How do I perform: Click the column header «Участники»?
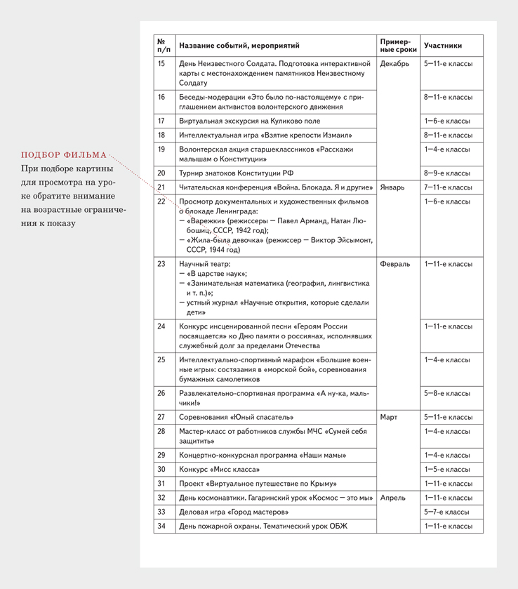[x=443, y=46]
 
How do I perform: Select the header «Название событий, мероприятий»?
[x=239, y=46]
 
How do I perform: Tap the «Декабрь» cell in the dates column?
[x=394, y=64]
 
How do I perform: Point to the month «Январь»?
[x=392, y=187]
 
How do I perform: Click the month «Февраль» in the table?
[x=394, y=264]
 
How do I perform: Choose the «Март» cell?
[x=388, y=417]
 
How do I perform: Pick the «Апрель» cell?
[x=392, y=498]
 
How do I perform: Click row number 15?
[x=161, y=64]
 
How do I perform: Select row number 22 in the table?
[x=161, y=201]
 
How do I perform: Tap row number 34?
[x=161, y=526]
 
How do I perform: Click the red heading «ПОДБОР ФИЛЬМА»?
[x=64, y=155]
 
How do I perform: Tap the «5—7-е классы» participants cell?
[x=446, y=512]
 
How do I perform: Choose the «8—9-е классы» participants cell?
[x=446, y=173]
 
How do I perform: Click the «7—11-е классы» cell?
[x=448, y=187]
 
